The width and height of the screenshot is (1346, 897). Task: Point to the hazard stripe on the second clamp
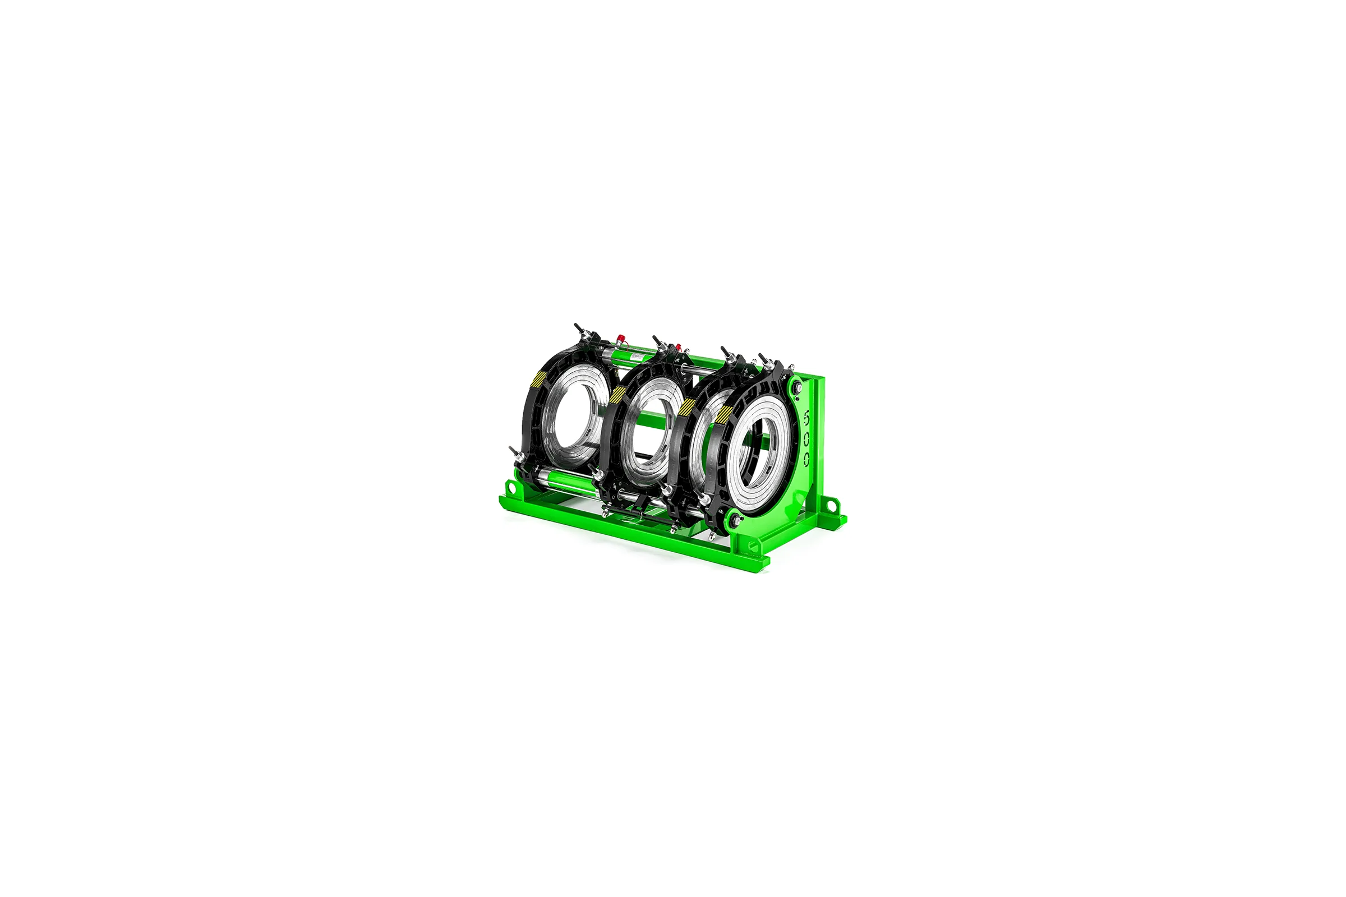618,393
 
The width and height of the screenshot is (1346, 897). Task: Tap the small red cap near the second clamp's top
679,346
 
